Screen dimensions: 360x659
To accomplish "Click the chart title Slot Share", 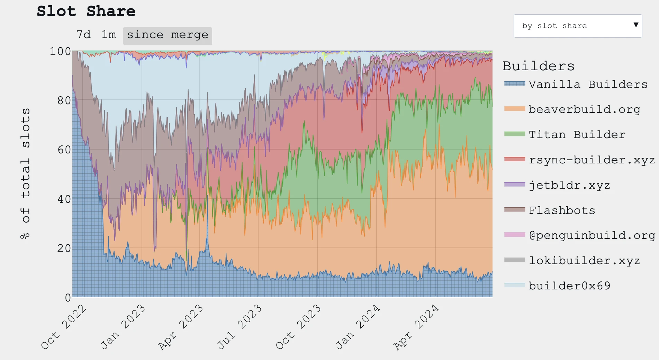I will tap(86, 11).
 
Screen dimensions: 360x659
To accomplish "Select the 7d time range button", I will tap(83, 35).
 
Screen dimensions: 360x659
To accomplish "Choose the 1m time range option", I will tap(109, 35).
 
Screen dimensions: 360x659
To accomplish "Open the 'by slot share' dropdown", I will tap(578, 26).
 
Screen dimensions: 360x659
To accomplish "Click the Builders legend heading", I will tap(538, 66).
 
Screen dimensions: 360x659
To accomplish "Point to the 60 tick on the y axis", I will tap(64, 150).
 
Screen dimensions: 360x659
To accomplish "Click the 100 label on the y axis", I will tap(60, 52).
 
